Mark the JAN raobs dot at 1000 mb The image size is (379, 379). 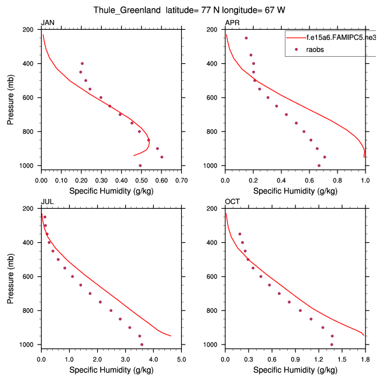(140, 166)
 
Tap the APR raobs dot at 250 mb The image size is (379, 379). (246, 38)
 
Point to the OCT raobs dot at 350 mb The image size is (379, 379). (240, 234)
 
